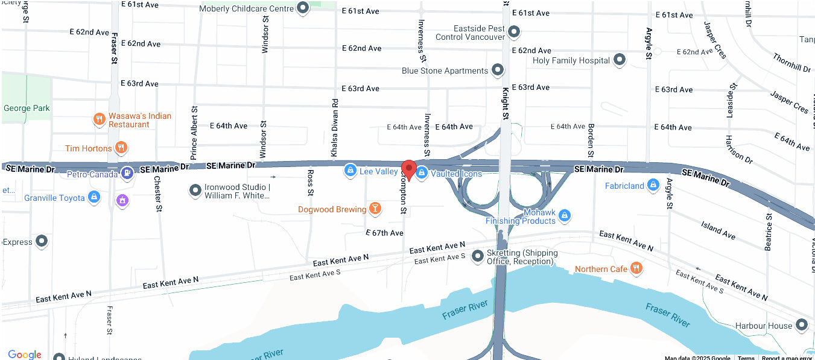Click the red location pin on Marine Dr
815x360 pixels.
(x=409, y=169)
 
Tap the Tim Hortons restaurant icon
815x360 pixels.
(x=121, y=148)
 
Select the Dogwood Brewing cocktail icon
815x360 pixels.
(x=375, y=209)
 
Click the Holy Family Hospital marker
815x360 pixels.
(x=620, y=60)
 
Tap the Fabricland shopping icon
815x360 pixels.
(x=653, y=185)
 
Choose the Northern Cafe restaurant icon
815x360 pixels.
(x=636, y=268)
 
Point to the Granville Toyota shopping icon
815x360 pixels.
(x=94, y=197)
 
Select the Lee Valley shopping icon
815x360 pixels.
(x=349, y=171)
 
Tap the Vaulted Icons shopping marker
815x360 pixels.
(x=422, y=173)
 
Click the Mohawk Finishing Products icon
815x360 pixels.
(x=564, y=215)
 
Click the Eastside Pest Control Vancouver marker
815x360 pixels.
(x=514, y=31)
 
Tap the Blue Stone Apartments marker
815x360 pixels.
(x=498, y=70)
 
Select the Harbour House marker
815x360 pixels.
(x=802, y=325)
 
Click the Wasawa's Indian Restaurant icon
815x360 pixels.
(x=100, y=119)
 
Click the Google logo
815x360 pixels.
(x=25, y=354)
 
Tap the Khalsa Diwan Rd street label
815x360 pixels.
(x=334, y=128)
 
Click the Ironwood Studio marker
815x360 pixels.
(x=195, y=191)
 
